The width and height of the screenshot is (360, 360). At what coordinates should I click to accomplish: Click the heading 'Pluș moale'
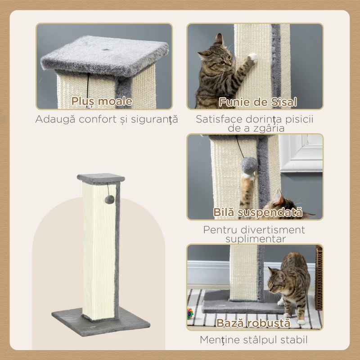(x=102, y=101)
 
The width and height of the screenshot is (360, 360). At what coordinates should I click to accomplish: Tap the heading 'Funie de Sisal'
(x=257, y=102)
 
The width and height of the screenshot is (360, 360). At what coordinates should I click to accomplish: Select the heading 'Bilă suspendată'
(x=257, y=212)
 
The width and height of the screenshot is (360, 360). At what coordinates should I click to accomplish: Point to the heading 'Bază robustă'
(x=253, y=323)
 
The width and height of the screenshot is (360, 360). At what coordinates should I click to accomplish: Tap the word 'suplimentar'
(x=256, y=239)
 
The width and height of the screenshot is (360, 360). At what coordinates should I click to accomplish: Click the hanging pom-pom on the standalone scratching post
(x=109, y=199)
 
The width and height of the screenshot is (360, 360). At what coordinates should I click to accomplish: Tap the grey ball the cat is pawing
(x=249, y=165)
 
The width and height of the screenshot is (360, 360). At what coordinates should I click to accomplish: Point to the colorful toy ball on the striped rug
(x=190, y=313)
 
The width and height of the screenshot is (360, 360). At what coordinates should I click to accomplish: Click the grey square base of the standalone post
(x=101, y=322)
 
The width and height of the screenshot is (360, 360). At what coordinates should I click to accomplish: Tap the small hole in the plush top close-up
(x=106, y=49)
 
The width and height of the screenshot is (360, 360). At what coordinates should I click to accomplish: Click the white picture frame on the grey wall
(x=301, y=153)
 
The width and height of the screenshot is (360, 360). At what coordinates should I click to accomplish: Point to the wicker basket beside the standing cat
(x=319, y=277)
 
